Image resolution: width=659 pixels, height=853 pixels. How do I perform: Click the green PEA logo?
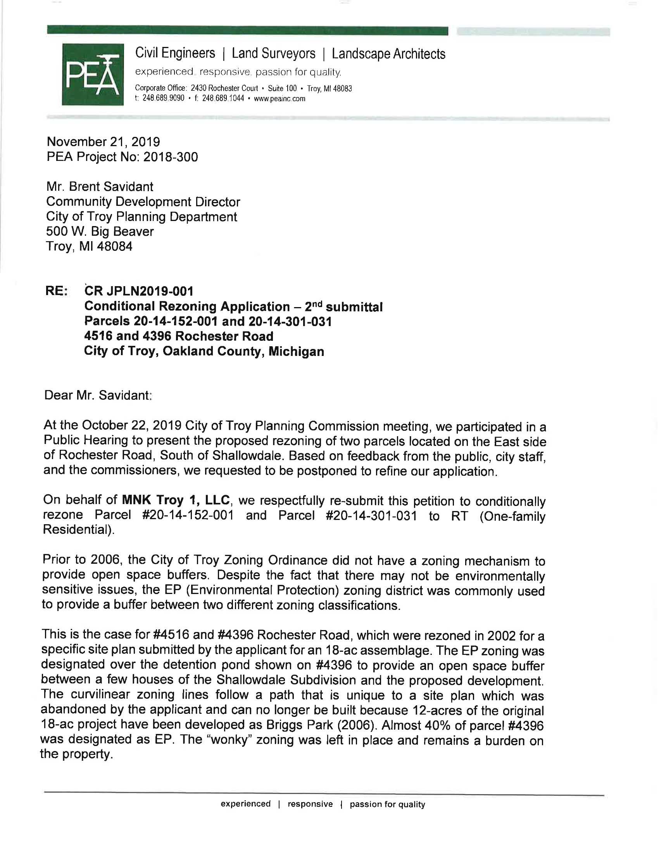[93, 74]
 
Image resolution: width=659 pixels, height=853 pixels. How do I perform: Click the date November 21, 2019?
[103, 142]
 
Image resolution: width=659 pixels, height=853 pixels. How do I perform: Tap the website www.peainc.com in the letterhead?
[279, 99]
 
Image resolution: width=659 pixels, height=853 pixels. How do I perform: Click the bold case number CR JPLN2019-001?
[139, 291]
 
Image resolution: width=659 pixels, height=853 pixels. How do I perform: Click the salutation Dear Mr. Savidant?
[98, 395]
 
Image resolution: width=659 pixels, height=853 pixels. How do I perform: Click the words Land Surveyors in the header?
[273, 54]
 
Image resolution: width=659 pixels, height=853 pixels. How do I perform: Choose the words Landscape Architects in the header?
[388, 54]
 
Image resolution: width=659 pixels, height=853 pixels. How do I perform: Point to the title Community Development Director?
[143, 202]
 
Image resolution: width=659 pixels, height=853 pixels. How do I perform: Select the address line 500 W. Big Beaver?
[100, 231]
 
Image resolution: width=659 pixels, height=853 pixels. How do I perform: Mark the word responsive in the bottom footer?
[310, 804]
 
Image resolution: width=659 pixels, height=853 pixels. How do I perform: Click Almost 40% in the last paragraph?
[414, 725]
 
